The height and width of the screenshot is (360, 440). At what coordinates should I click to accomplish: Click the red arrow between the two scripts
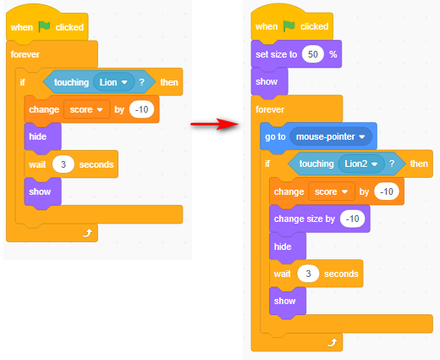click(214, 124)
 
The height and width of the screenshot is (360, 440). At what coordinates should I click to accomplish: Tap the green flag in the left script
click(44, 27)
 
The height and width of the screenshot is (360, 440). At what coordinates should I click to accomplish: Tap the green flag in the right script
click(289, 26)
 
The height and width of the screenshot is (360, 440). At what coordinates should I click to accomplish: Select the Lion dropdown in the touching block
click(113, 82)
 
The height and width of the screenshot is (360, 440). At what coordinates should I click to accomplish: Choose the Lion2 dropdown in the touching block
click(361, 163)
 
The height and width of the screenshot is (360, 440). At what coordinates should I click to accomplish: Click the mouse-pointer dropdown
click(331, 137)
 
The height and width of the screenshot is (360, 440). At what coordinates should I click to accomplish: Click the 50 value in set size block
click(312, 54)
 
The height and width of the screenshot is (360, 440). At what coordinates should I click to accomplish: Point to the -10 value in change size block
click(352, 219)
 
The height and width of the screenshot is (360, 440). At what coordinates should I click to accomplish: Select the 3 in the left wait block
click(63, 164)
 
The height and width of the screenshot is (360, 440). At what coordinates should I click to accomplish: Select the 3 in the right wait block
click(308, 274)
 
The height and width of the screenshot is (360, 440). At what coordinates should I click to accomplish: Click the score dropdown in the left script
click(86, 109)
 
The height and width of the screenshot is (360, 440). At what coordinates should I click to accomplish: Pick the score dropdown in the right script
click(332, 191)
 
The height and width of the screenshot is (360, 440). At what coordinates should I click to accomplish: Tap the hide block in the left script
click(42, 137)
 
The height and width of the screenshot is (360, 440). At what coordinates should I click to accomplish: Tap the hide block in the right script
click(288, 246)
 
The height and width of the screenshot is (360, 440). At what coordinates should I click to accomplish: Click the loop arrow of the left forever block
click(87, 233)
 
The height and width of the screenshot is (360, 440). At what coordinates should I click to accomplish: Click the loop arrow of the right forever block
click(333, 342)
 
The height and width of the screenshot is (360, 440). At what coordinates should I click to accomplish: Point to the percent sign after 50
click(333, 54)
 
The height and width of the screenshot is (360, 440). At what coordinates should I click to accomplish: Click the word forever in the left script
click(25, 54)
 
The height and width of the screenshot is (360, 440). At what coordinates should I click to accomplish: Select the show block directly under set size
click(269, 82)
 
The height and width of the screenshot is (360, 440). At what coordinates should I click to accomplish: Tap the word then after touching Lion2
click(419, 163)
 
